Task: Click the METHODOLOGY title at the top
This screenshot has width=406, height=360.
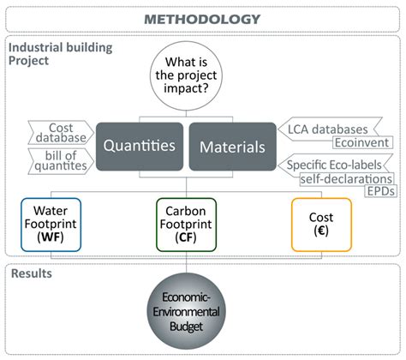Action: pyautogui.click(x=202, y=17)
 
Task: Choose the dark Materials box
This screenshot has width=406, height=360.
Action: pyautogui.click(x=233, y=147)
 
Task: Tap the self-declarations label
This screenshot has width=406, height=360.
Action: pyautogui.click(x=345, y=178)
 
